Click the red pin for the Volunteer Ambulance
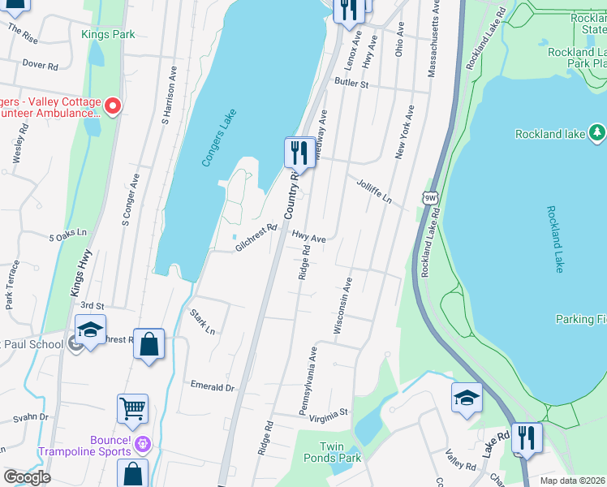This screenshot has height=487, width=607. pyautogui.click(x=113, y=106)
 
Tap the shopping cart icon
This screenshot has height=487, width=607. pyautogui.click(x=132, y=408)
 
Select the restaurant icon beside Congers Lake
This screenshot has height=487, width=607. pyautogui.click(x=299, y=152)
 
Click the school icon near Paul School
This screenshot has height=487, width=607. pyautogui.click(x=91, y=330)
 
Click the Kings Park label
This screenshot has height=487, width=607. pyautogui.click(x=108, y=35)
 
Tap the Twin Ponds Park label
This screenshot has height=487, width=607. pyautogui.click(x=341, y=452)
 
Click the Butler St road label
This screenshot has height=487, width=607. pyautogui.click(x=353, y=84)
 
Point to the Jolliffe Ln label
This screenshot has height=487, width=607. pyautogui.click(x=374, y=192)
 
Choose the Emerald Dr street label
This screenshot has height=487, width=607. pyautogui.click(x=212, y=387)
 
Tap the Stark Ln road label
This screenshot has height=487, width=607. pyautogui.click(x=202, y=321)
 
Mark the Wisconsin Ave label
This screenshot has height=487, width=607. pyautogui.click(x=343, y=306)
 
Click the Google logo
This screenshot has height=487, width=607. pyautogui.click(x=27, y=476)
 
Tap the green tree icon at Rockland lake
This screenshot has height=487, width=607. pyautogui.click(x=596, y=131)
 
